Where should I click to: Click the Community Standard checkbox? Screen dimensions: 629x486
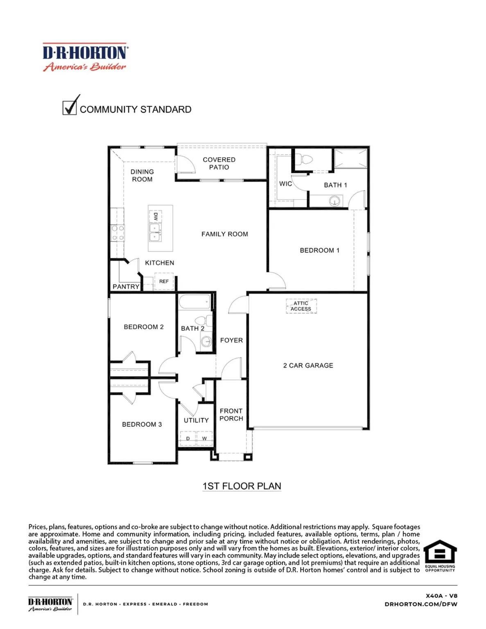(70, 108)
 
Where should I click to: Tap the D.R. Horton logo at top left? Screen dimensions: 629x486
(85, 57)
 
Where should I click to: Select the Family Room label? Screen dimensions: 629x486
(224, 234)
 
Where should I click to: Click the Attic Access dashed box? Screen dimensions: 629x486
(301, 306)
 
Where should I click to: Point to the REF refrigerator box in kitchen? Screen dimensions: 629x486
(164, 281)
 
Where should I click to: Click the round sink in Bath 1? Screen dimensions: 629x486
(335, 201)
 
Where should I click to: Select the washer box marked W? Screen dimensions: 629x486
(204, 438)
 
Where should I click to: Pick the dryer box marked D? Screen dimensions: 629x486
(188, 438)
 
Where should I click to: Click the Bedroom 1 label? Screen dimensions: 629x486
(319, 250)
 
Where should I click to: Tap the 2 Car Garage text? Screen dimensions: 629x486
(308, 365)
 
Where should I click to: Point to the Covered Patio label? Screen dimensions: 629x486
(219, 163)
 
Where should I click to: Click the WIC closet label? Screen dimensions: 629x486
(285, 184)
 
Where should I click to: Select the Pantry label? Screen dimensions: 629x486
(126, 287)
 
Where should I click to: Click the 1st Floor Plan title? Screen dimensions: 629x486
(242, 486)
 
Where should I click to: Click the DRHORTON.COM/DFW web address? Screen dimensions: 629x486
(421, 604)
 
